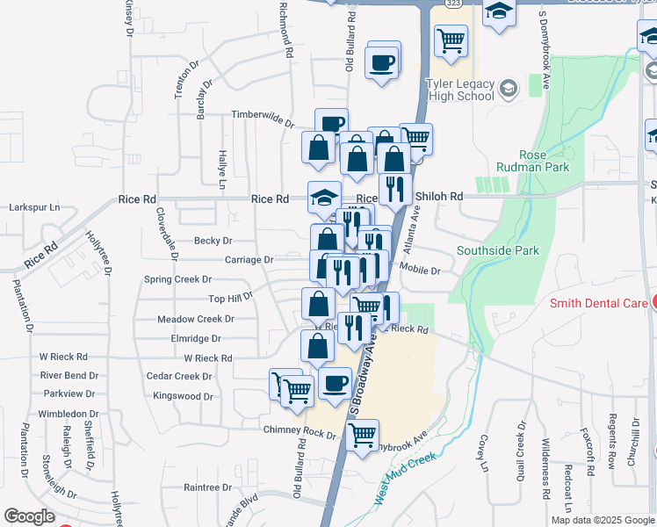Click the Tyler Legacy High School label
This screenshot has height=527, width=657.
coord(459,90)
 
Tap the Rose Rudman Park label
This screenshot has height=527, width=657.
coord(544,161)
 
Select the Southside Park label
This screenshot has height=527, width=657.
coord(498,250)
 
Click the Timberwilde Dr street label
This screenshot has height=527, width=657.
coord(262,115)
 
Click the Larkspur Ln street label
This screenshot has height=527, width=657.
coord(34,207)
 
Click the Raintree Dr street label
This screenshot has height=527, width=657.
coord(207,486)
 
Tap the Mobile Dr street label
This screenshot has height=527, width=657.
coord(419,269)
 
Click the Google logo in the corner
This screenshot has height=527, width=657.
coord(29,516)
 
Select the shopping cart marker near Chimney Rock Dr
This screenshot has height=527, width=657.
coord(362,434)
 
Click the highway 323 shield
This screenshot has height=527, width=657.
coord(452,4)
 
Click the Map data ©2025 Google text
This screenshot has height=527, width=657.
coord(602,520)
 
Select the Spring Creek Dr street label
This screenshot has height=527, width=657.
coord(177,279)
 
